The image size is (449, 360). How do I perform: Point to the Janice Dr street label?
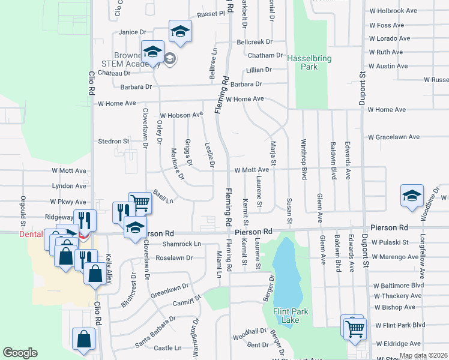[x=133, y=32]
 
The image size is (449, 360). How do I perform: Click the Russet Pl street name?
[x=212, y=13]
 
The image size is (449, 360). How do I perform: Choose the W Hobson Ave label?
[x=181, y=115]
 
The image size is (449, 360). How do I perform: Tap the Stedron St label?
[x=114, y=142]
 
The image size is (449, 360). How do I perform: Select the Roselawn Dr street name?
[x=173, y=258]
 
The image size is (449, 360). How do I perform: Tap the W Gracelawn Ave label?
[x=394, y=137]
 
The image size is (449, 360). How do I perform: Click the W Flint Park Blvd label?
[x=400, y=325]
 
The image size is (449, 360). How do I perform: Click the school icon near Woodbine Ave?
[x=412, y=196]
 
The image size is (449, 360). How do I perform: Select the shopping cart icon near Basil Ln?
[x=140, y=203]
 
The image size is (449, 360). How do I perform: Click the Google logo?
[x=20, y=353]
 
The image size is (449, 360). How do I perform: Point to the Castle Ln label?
[x=167, y=348]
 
